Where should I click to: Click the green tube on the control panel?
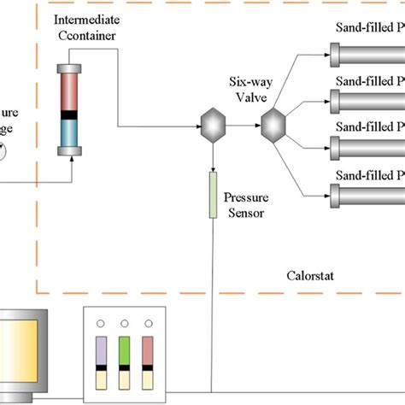pos(125,358)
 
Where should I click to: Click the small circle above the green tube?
pos(125,326)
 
